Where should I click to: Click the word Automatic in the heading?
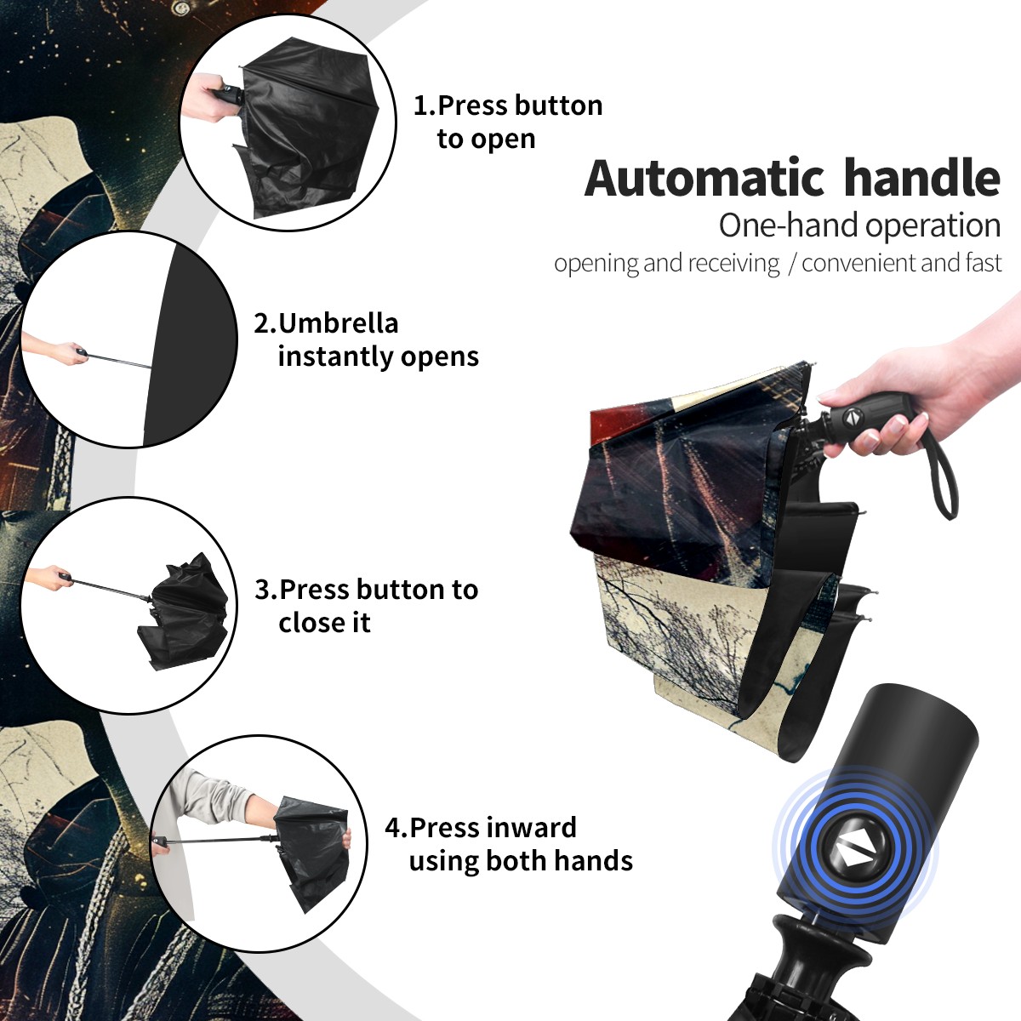(x=704, y=178)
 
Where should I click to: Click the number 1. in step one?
(x=425, y=106)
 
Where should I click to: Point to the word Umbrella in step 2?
(x=338, y=323)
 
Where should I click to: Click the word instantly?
(x=336, y=356)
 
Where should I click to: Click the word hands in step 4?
(x=596, y=860)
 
